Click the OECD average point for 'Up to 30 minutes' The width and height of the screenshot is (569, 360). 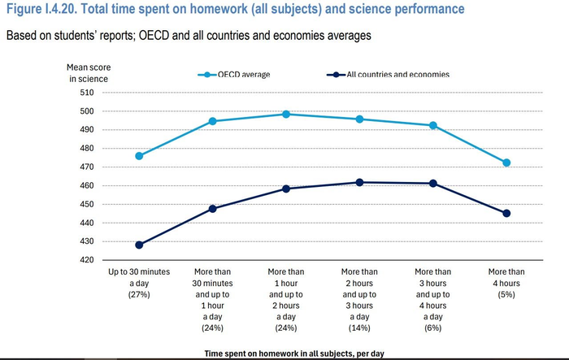[x=139, y=156]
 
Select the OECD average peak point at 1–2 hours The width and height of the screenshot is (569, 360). [x=286, y=115]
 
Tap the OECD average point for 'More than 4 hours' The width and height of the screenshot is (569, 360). [x=506, y=163]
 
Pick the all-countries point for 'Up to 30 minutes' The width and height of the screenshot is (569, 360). [x=139, y=245]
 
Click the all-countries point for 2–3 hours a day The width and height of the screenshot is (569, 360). [x=359, y=183]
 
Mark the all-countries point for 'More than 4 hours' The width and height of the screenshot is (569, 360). [x=506, y=214]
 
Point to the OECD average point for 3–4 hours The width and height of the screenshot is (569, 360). [x=433, y=126]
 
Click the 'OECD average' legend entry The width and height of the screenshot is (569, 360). [x=234, y=75]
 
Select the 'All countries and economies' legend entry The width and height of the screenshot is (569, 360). [x=388, y=75]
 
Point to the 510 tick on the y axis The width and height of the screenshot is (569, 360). [x=87, y=93]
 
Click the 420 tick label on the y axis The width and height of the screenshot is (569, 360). [x=87, y=260]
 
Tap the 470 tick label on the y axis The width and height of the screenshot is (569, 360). [x=87, y=167]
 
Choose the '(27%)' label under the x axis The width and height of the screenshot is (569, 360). [x=139, y=294]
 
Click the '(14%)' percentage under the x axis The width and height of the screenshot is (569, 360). [x=359, y=328]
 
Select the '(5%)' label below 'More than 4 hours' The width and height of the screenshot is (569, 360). [x=506, y=294]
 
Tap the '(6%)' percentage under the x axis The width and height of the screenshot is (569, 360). [x=433, y=328]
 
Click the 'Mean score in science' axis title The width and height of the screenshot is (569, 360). [x=89, y=73]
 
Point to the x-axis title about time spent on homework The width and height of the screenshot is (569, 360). [x=294, y=353]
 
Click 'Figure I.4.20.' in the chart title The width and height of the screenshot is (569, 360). [x=41, y=9]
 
